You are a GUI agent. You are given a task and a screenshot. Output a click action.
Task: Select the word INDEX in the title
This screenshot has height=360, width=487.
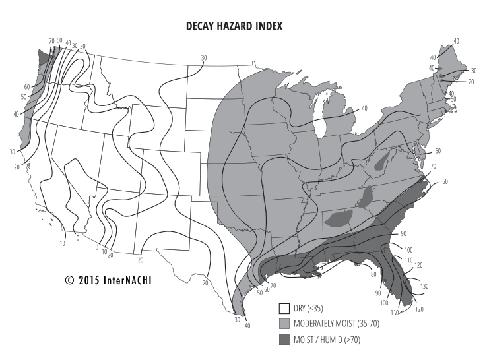267,26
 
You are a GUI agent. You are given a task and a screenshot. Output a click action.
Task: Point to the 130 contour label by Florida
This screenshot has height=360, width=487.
424,286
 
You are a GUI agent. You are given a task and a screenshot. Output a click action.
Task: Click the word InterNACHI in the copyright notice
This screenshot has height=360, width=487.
130,279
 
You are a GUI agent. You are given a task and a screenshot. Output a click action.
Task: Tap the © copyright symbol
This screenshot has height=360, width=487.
69,279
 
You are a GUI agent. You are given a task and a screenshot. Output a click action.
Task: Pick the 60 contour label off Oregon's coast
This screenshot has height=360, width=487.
27,87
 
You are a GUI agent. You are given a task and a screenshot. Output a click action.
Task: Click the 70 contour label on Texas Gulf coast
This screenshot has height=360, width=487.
273,285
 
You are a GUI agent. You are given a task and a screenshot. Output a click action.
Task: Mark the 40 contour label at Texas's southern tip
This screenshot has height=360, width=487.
247,326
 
